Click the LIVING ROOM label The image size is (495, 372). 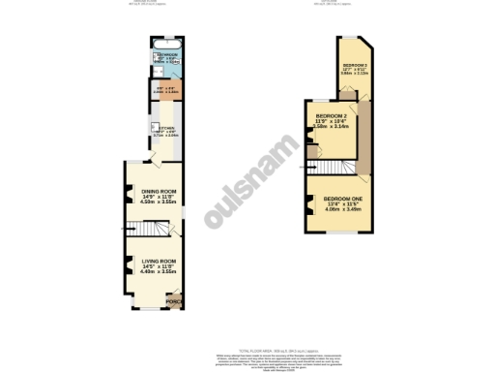(x=158, y=261)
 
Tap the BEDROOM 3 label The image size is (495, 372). (x=354, y=65)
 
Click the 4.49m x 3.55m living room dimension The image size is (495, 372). (x=159, y=273)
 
